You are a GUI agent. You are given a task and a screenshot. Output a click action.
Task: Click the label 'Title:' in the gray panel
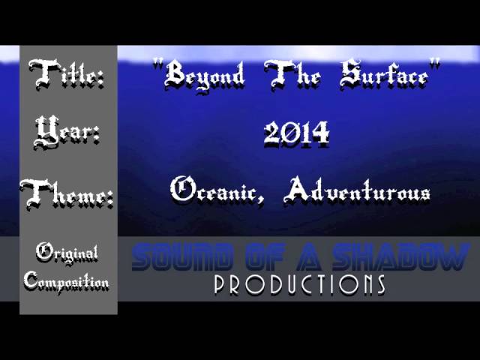[x=66, y=73]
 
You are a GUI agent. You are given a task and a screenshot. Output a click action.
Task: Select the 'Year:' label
[x=67, y=132]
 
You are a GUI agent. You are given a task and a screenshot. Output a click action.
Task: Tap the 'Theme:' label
[x=67, y=195]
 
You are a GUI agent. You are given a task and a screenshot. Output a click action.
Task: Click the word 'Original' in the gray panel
[x=67, y=253]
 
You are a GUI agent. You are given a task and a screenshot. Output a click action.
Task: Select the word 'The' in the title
[x=292, y=75]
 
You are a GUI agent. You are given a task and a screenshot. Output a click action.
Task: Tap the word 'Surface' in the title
[x=384, y=74]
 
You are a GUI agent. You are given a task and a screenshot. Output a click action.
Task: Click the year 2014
[x=296, y=133]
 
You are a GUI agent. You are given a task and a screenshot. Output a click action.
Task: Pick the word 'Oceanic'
[x=213, y=190]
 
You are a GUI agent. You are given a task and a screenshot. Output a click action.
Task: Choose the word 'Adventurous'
[x=356, y=190]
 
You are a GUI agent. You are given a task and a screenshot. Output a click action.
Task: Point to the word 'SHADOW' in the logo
[x=401, y=256]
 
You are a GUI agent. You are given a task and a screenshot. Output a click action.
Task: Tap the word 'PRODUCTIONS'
[x=299, y=285]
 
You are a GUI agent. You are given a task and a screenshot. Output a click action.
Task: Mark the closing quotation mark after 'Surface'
[x=435, y=63]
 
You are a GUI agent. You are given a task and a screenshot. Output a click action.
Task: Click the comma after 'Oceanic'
[x=260, y=200]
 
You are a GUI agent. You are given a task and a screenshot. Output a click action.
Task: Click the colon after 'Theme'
[x=109, y=199]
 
